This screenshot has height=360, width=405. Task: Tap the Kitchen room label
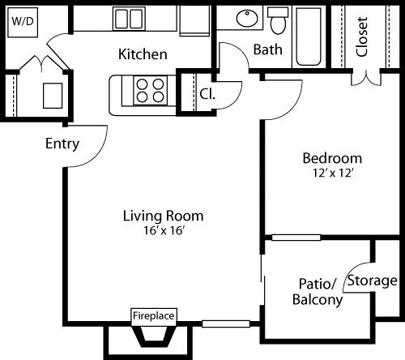point(143,54)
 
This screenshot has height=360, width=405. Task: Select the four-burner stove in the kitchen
point(149,89)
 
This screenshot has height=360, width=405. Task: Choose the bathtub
point(309,36)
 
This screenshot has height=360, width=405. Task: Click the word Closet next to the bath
point(362,36)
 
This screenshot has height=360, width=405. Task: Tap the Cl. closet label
point(207,92)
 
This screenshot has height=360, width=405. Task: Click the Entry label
point(62,144)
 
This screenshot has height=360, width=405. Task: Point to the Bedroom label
point(332,157)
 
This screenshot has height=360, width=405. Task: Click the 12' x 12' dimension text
point(332,172)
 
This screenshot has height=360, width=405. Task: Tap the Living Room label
point(163,216)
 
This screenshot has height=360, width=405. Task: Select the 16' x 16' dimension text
point(163,230)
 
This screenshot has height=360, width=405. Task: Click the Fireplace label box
point(154,315)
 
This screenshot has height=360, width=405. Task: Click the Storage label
point(372,281)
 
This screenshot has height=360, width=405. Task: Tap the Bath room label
point(268,49)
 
